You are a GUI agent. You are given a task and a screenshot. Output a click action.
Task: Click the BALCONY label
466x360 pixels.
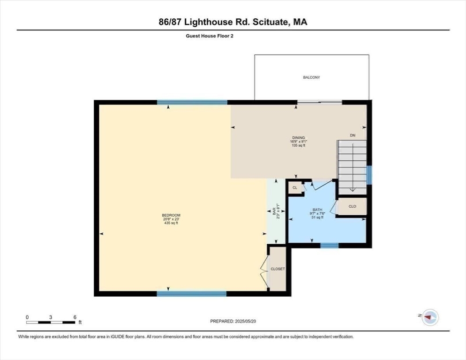pos(311,77)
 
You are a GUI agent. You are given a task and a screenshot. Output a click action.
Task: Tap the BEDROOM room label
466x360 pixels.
pos(171,215)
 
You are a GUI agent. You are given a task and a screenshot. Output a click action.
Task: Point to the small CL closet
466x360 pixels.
pos(295,187)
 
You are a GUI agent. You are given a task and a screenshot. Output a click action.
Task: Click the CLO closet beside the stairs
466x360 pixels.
pos(353,206)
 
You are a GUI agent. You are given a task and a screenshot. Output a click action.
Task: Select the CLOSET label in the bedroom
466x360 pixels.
pos(278,269)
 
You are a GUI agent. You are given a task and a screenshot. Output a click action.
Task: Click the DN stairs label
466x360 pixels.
pos(353,135)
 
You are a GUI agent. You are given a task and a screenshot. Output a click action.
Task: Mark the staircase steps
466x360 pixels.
pos(352,166)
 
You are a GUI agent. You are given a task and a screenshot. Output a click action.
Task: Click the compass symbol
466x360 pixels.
pos(429,318)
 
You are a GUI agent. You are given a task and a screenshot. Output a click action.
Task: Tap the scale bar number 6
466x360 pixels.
pos(75,317)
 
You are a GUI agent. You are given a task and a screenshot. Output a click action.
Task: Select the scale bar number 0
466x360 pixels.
pos(27,317)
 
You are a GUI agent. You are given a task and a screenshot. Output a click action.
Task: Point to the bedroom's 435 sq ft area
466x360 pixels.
pos(171,223)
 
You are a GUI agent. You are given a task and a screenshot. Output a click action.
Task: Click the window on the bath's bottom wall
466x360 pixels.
pos(329,245)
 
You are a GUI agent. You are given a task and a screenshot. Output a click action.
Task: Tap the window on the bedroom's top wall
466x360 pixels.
pos(192,102)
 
